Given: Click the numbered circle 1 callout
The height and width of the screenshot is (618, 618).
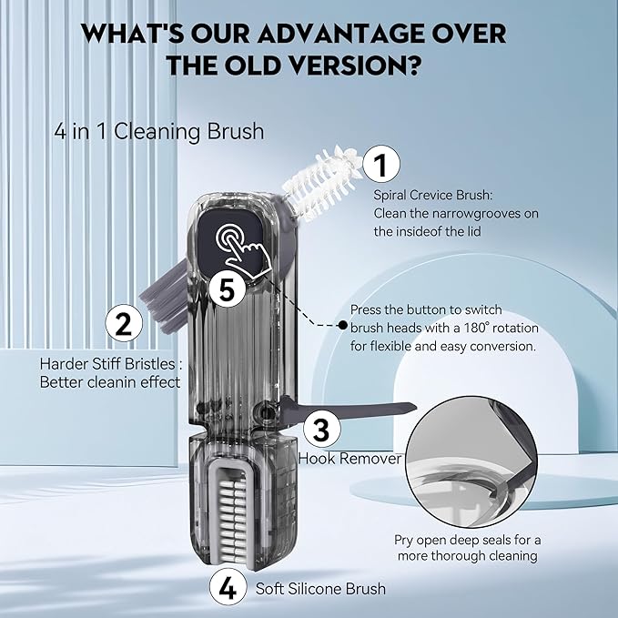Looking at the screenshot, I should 381,166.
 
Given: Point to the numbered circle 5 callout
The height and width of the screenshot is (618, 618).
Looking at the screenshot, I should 225,289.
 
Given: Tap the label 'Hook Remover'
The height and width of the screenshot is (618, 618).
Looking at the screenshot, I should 350,459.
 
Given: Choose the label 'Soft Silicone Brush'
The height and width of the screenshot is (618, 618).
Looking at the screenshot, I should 320,589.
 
